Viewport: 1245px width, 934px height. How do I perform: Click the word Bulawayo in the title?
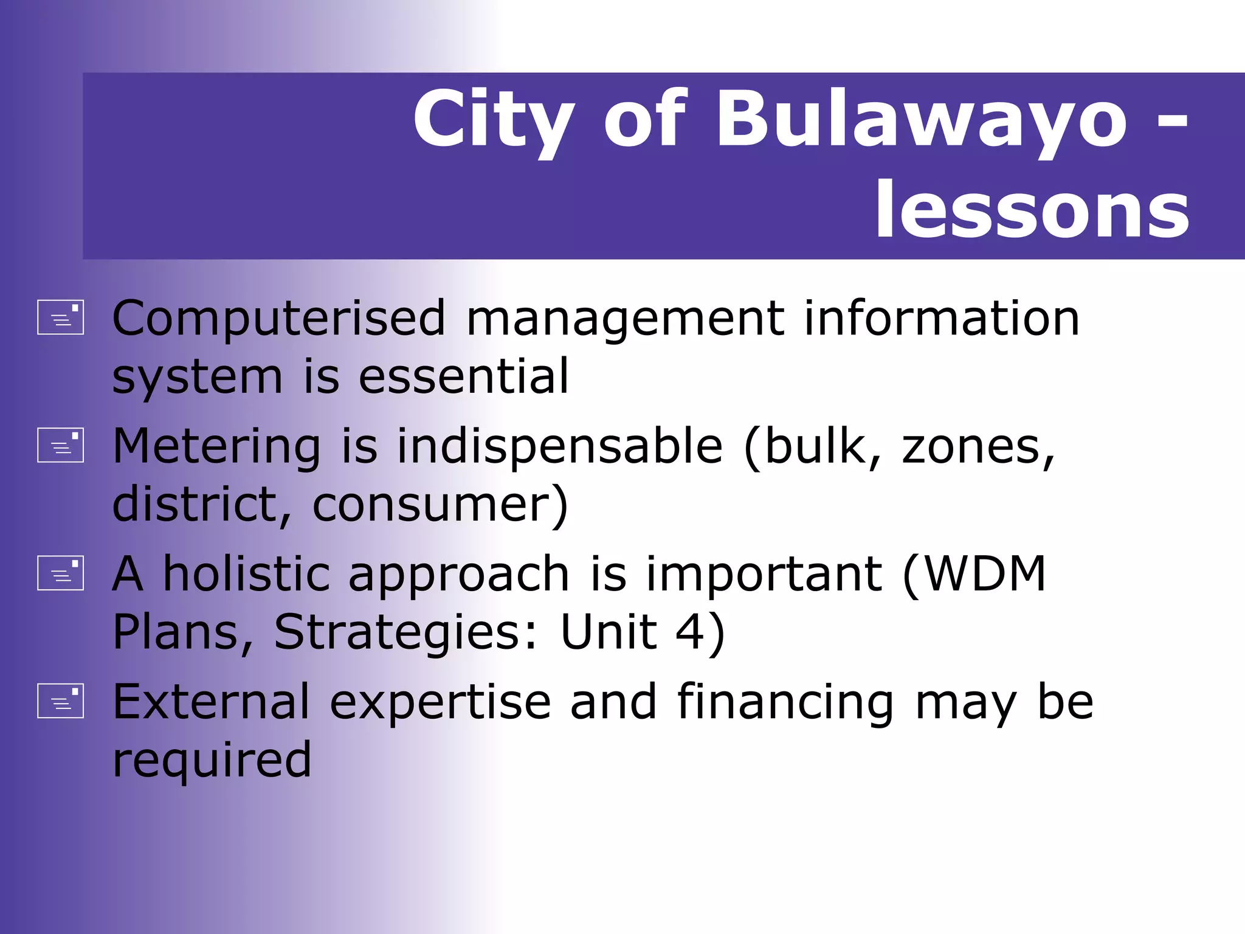(922, 120)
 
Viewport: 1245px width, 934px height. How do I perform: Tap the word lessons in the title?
(1032, 211)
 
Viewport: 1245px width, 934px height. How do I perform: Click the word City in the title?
(493, 120)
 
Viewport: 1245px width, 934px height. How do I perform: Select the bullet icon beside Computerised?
(60, 317)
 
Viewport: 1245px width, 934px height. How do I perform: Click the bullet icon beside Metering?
(60, 445)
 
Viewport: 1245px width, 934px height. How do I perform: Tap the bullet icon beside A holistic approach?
(60, 573)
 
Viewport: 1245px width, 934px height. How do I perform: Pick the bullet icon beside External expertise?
(60, 701)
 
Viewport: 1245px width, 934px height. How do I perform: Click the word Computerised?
(279, 318)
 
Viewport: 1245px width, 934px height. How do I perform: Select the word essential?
(464, 376)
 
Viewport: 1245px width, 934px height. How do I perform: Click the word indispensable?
(560, 446)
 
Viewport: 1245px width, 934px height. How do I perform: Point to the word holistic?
(247, 573)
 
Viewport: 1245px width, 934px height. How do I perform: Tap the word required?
(212, 760)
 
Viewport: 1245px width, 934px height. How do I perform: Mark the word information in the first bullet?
(942, 318)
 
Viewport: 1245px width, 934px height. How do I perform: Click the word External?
(212, 702)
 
